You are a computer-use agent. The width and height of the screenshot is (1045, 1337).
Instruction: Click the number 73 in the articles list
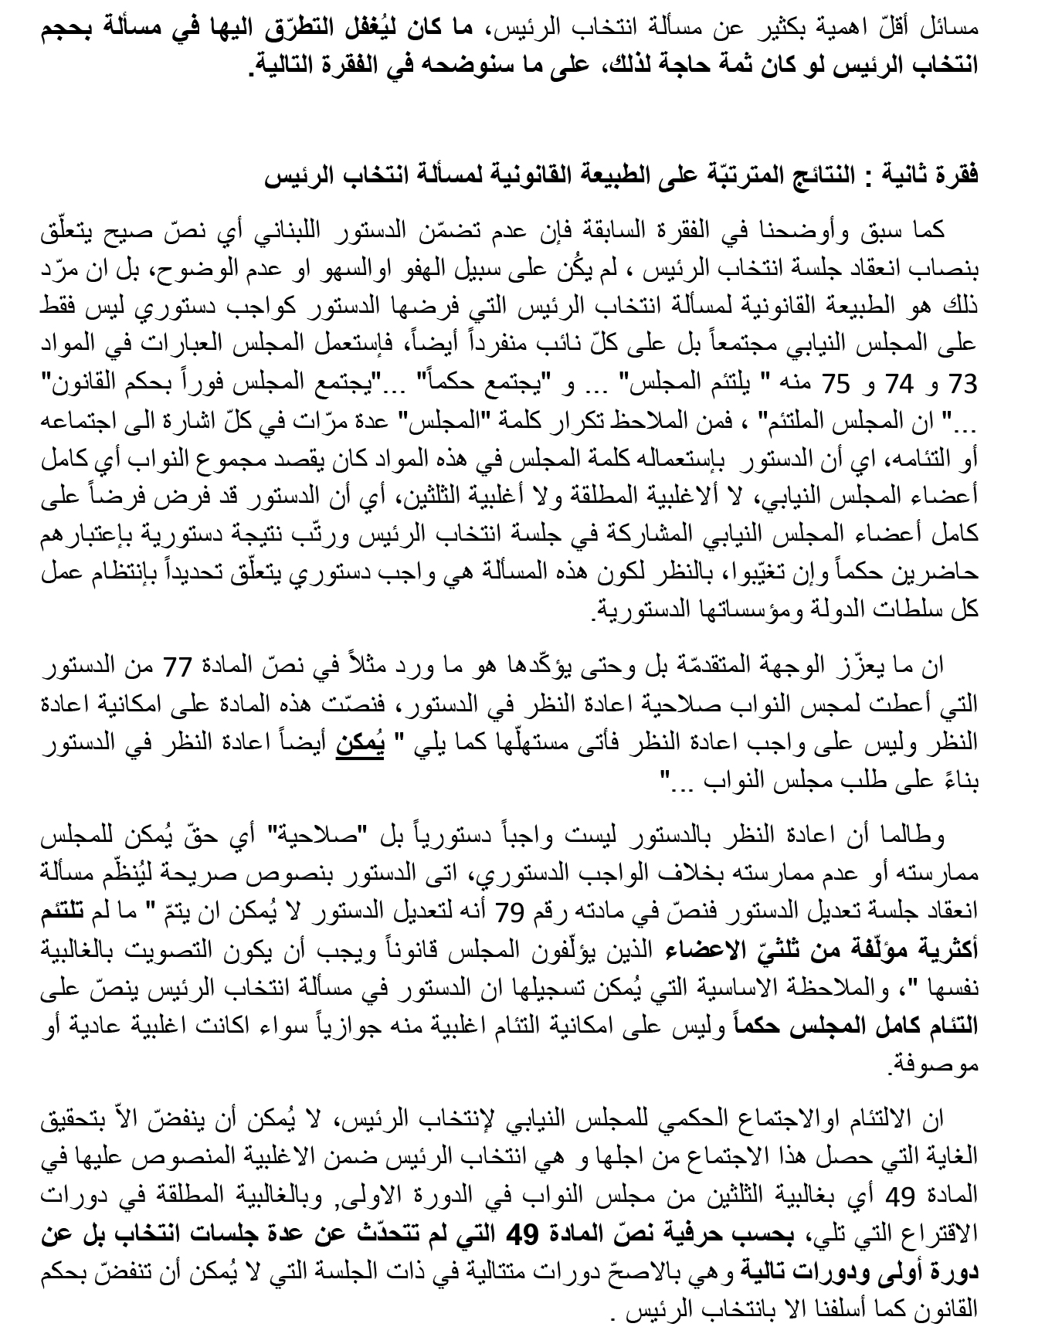965,384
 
